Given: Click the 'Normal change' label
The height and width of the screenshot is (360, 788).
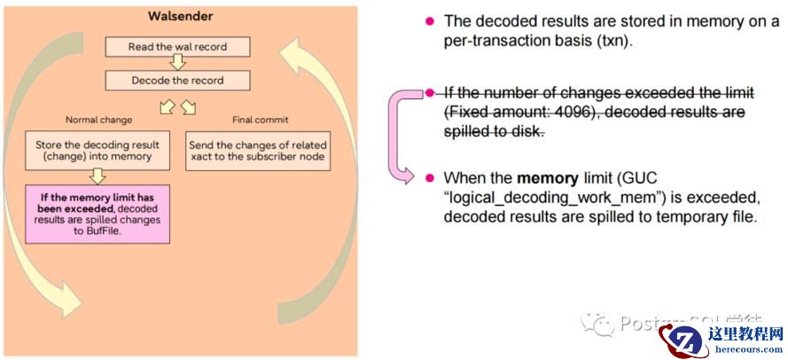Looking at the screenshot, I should coord(100,120).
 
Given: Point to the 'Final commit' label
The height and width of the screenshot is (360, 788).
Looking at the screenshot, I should coord(260,120).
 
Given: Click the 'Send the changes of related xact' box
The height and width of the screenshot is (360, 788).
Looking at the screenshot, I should coord(258,151).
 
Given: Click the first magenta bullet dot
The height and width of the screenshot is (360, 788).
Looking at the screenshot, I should coord(430,20).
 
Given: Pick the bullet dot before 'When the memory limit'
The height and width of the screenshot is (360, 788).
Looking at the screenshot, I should coord(430,176).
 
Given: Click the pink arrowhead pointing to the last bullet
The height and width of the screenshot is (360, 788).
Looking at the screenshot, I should coord(408,176).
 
